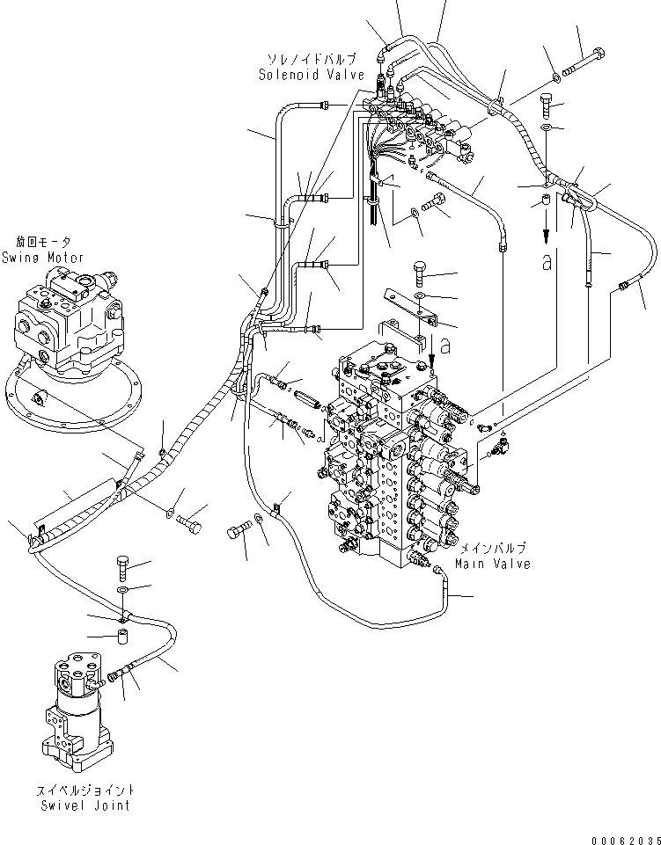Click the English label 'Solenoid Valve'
(311, 75)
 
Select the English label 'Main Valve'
(493, 564)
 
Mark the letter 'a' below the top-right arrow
(547, 264)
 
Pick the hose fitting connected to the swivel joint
(118, 675)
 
